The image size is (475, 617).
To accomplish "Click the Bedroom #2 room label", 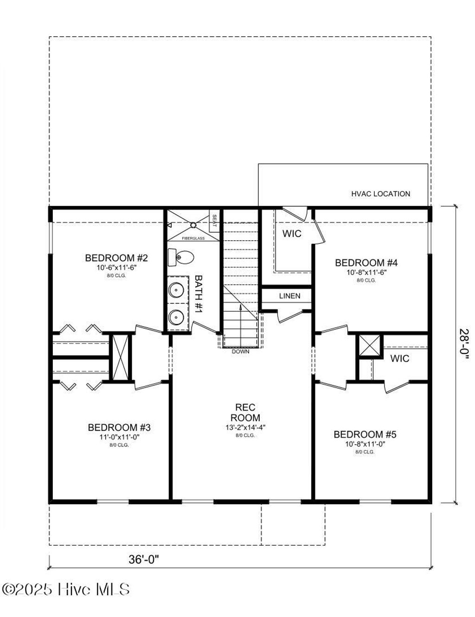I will click(116, 258).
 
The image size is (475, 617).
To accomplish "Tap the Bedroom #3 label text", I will click(119, 427).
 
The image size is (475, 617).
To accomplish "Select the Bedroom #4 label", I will click(366, 263).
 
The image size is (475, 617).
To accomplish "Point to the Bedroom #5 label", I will click(365, 434).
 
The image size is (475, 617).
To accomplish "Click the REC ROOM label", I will click(245, 412).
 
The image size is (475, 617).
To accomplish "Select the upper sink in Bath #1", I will click(176, 290).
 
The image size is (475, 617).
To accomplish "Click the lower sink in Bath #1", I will click(176, 317).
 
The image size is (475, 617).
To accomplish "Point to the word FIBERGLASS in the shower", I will click(193, 238).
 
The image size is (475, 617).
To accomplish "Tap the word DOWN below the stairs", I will click(241, 351).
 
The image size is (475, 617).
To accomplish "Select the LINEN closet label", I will click(289, 296).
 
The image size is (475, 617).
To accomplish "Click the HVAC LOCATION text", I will click(380, 194).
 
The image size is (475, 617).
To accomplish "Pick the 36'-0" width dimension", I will click(144, 560).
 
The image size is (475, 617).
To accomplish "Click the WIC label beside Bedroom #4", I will click(292, 234).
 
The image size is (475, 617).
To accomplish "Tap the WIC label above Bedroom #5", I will click(399, 358).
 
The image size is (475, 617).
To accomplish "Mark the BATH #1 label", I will click(199, 294).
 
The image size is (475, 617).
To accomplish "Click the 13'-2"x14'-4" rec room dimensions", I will click(245, 427).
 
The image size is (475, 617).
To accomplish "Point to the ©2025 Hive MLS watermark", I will click(66, 589).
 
